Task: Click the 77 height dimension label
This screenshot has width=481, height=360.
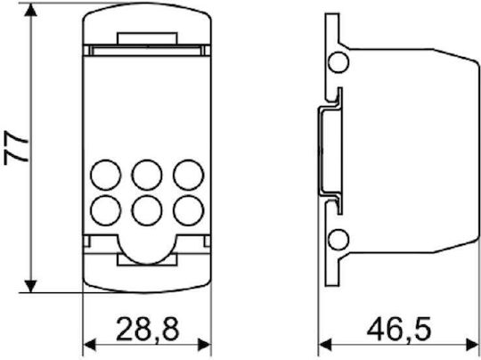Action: point(16,148)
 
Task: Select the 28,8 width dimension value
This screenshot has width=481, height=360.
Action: point(148,330)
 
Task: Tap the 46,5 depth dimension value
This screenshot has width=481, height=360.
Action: point(399,330)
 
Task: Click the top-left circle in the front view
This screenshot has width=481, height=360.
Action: point(105,175)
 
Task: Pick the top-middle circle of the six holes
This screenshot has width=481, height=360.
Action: point(147,175)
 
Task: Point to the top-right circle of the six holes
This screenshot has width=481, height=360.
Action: point(188,175)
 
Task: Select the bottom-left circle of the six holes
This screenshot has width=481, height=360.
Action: point(105,210)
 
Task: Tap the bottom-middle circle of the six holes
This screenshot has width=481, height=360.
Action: point(147,210)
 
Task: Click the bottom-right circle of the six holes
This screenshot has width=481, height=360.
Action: point(188,210)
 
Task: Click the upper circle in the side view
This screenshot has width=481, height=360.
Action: point(338,62)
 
